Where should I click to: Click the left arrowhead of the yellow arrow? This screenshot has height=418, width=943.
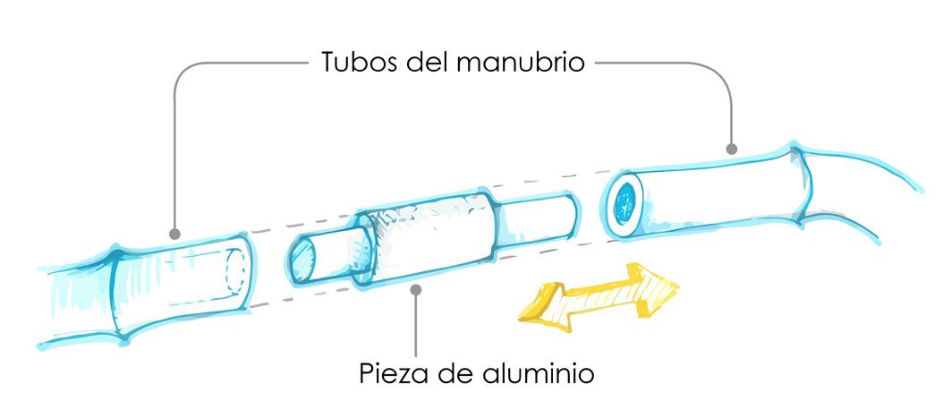coord(536,303)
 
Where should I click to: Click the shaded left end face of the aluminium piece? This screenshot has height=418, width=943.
coord(302,260)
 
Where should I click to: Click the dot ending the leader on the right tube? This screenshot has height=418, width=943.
coord(732,148)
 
